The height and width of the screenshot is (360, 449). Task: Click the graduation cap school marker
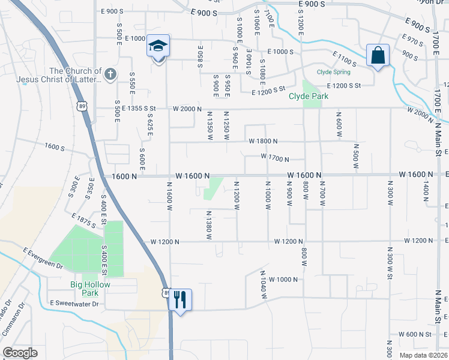158,46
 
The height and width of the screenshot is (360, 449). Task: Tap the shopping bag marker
378,55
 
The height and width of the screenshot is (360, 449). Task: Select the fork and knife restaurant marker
180,299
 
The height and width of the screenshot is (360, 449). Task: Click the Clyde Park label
309,96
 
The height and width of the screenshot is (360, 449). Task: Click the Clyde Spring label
334,72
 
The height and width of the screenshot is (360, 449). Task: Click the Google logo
20,353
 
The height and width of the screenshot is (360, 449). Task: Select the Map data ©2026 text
424,355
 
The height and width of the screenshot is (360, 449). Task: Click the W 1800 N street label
263,142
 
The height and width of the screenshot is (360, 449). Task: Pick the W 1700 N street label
275,159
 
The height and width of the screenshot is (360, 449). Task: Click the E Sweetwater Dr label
74,304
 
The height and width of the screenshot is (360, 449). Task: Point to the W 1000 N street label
283,280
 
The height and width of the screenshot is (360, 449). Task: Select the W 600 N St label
415,335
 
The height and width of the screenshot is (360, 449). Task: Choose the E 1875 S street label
83,220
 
